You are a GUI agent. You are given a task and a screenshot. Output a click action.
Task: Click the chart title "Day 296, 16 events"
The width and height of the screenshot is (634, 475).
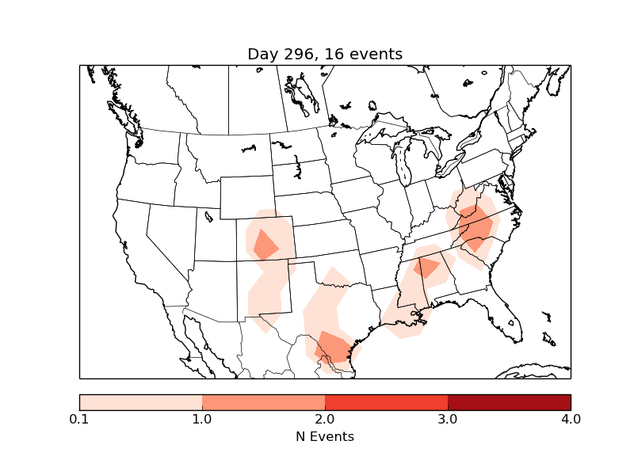coord(325,54)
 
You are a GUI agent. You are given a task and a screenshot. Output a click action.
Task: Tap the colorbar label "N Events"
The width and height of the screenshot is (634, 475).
coord(325,436)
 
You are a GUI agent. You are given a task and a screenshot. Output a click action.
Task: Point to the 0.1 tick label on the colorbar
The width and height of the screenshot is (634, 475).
coord(79,419)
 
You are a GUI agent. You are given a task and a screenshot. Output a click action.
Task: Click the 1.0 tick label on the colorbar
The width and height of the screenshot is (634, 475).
coord(202,419)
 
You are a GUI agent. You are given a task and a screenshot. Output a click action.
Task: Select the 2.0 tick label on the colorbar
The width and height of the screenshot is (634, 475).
coord(325,419)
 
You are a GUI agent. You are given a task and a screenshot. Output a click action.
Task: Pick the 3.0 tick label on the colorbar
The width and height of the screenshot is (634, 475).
coord(448,419)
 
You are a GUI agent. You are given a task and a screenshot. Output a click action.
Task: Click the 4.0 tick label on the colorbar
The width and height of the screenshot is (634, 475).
coord(571,419)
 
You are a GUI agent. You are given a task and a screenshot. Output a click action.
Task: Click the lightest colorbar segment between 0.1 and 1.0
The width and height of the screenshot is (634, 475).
coord(141,401)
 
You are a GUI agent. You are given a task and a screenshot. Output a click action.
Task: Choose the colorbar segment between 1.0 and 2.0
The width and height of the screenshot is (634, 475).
coord(264,401)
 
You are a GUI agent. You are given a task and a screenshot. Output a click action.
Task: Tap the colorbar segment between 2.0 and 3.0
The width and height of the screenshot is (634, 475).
coord(387,401)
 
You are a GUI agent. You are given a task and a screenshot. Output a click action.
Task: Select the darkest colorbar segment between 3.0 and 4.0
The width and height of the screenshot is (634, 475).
coord(510,401)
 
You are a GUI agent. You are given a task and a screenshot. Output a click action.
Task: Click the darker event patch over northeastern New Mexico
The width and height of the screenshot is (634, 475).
coord(265,244)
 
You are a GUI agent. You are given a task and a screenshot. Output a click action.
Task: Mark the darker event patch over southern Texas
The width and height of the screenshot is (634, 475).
coord(334,348)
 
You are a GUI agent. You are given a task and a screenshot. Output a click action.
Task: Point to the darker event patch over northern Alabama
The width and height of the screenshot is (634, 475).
coord(427,267)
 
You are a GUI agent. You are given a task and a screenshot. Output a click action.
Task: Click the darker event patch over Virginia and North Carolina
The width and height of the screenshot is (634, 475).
coord(476,227)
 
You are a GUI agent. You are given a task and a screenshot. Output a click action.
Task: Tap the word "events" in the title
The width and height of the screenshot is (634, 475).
coord(376,54)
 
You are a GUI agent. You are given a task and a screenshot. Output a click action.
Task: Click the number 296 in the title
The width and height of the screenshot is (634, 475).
coord(298,54)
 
